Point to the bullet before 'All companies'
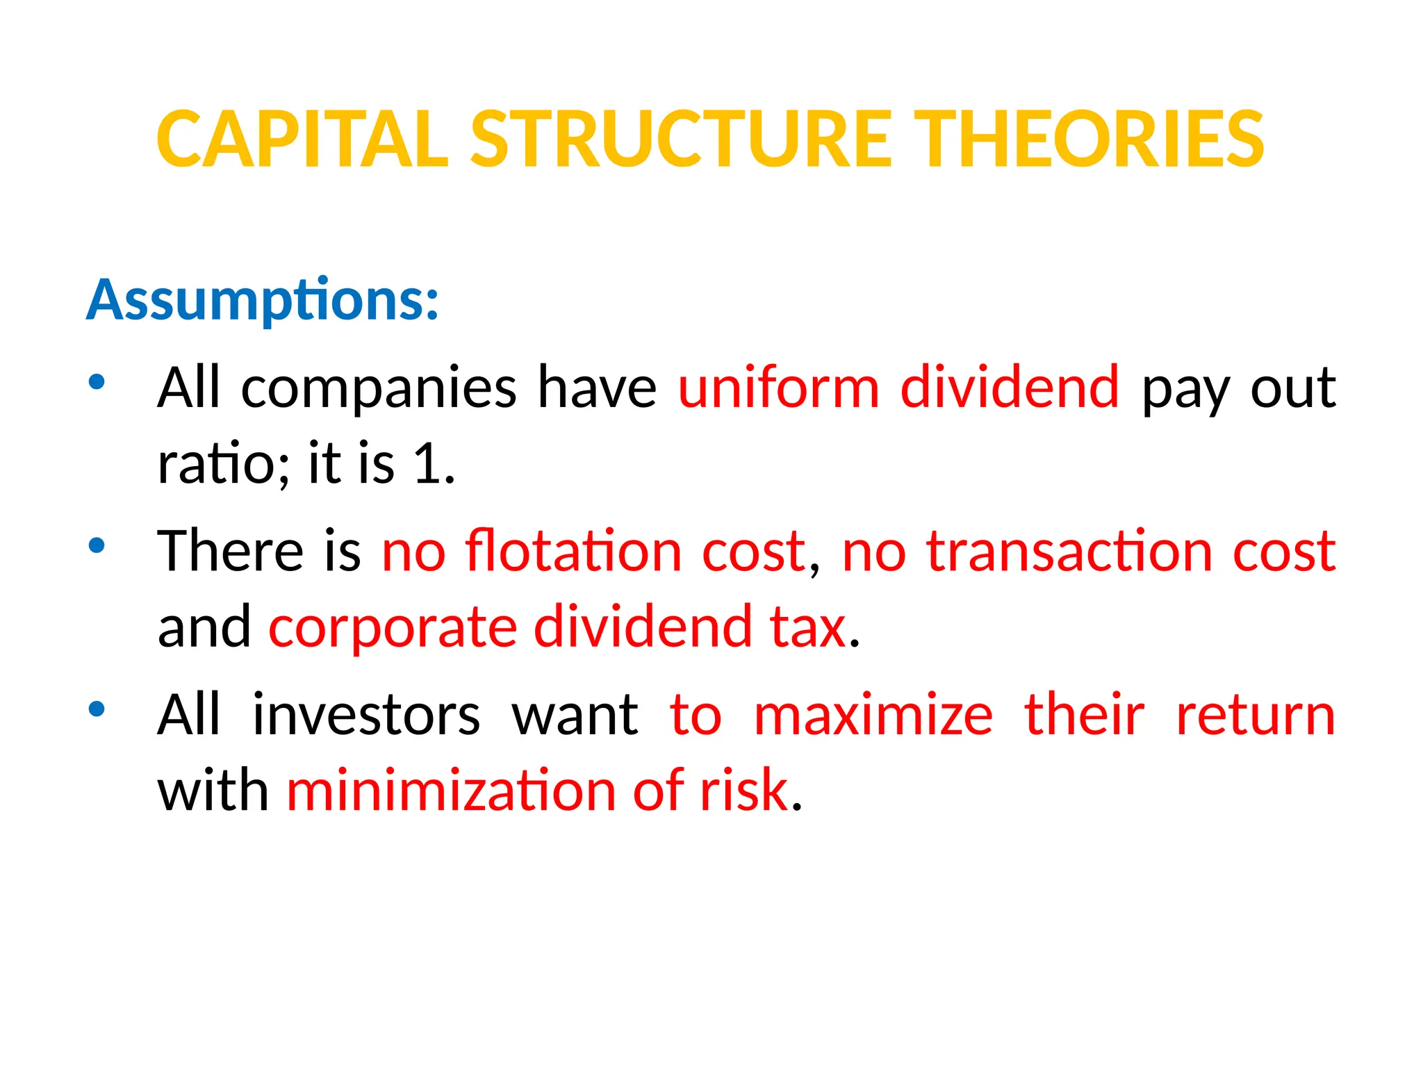(97, 381)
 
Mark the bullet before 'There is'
(97, 545)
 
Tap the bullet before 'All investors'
(97, 709)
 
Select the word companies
(379, 389)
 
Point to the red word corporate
(393, 627)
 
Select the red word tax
(808, 627)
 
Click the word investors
(366, 715)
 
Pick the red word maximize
(873, 715)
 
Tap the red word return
(1255, 715)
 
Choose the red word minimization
(451, 791)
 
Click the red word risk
(743, 791)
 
